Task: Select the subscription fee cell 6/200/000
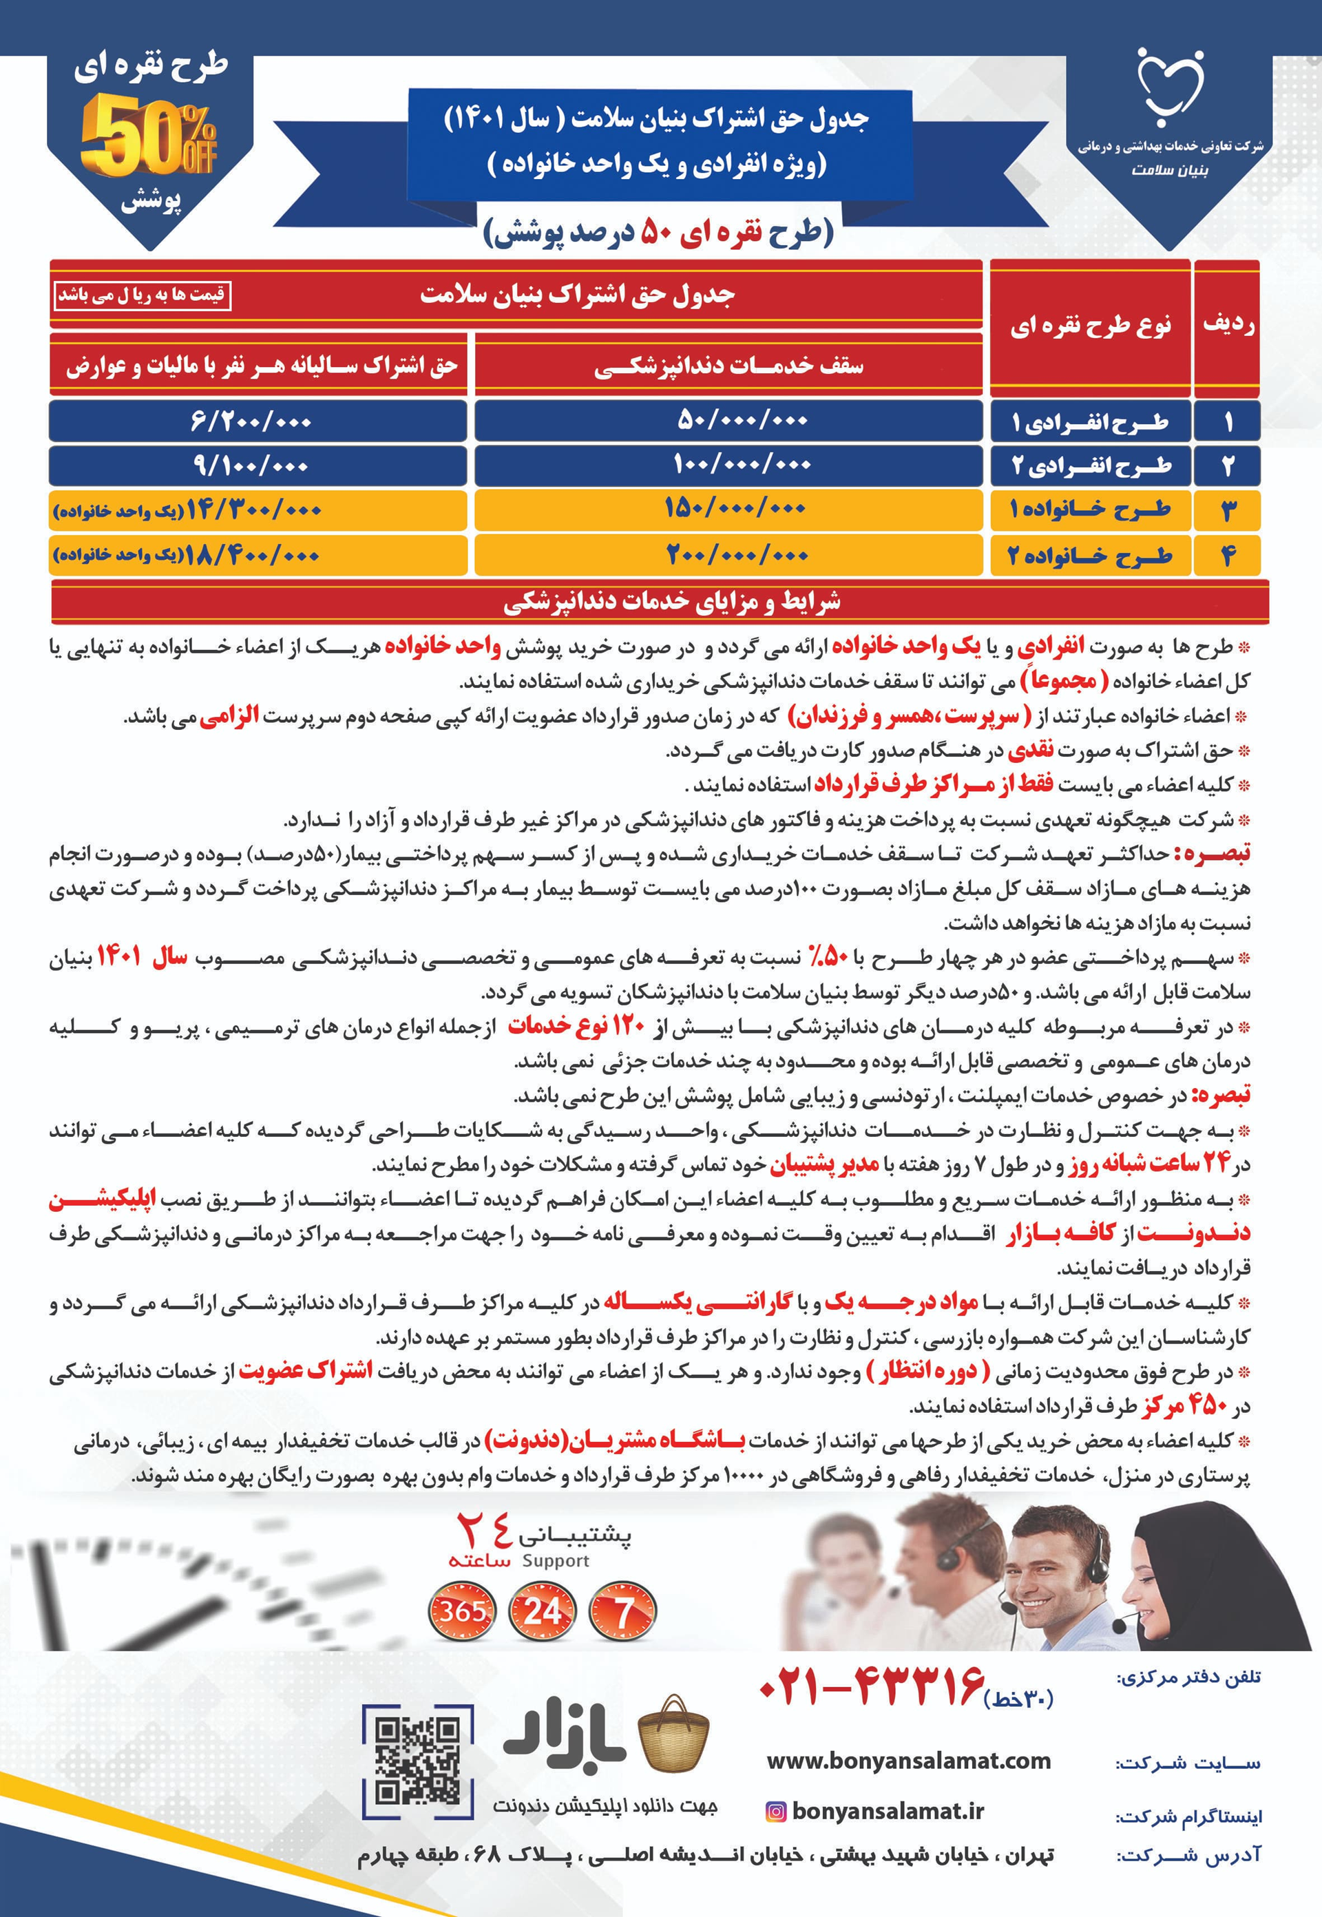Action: (257, 421)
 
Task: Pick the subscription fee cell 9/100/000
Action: (257, 465)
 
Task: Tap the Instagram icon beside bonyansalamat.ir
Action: (775, 1811)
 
